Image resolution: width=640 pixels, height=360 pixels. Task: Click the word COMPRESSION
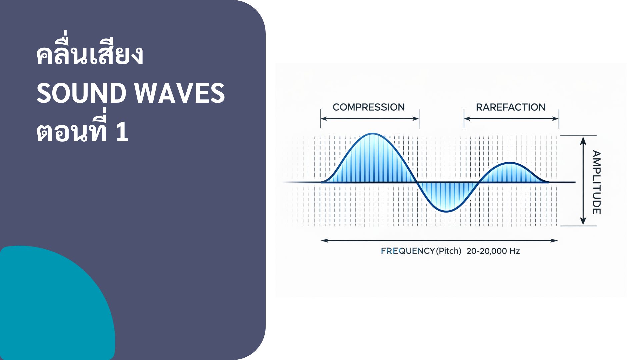[x=368, y=107]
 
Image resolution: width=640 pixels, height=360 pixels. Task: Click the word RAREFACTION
[x=510, y=107]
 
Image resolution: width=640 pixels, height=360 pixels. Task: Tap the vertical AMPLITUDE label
[x=596, y=182]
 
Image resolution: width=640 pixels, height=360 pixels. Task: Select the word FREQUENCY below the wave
[x=408, y=251]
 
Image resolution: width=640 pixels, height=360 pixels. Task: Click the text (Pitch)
[x=449, y=251]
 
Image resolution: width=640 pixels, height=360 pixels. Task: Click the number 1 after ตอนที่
[x=122, y=132]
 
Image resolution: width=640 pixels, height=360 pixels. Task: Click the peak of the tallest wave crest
[x=373, y=134]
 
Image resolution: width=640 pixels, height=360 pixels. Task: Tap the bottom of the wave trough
[x=446, y=211]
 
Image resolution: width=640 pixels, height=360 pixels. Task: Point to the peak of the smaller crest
[x=510, y=163]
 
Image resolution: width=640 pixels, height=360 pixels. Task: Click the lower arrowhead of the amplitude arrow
[x=583, y=221]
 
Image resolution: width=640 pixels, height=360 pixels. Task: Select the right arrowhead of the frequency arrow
[x=554, y=240]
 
